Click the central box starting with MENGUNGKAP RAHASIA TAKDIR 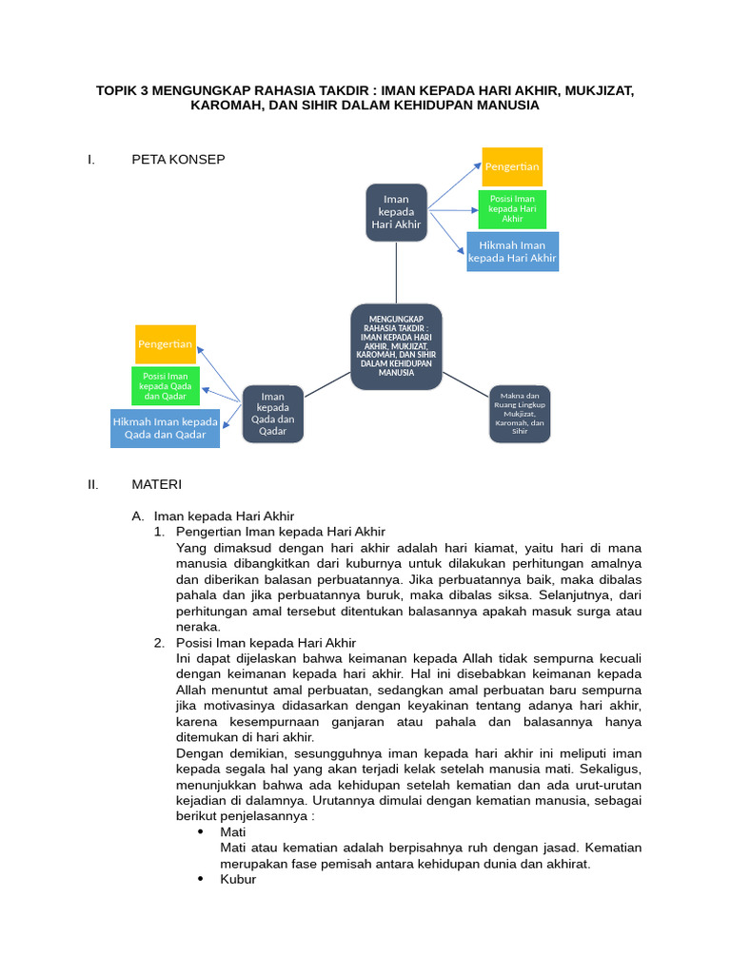click(395, 347)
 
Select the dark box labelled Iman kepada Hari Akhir click(395, 211)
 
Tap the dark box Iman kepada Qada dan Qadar click(272, 414)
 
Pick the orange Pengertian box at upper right click(512, 166)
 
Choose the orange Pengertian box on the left click(166, 343)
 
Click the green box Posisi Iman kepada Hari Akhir click(513, 209)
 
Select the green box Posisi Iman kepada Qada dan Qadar click(166, 386)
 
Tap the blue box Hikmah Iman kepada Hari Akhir click(512, 251)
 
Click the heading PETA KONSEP click(178, 159)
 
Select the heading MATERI click(156, 484)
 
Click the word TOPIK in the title click(117, 90)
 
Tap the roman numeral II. click(92, 484)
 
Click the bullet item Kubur click(237, 880)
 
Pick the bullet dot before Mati click(201, 832)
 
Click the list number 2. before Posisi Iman click(160, 643)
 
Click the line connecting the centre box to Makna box click(466, 384)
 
